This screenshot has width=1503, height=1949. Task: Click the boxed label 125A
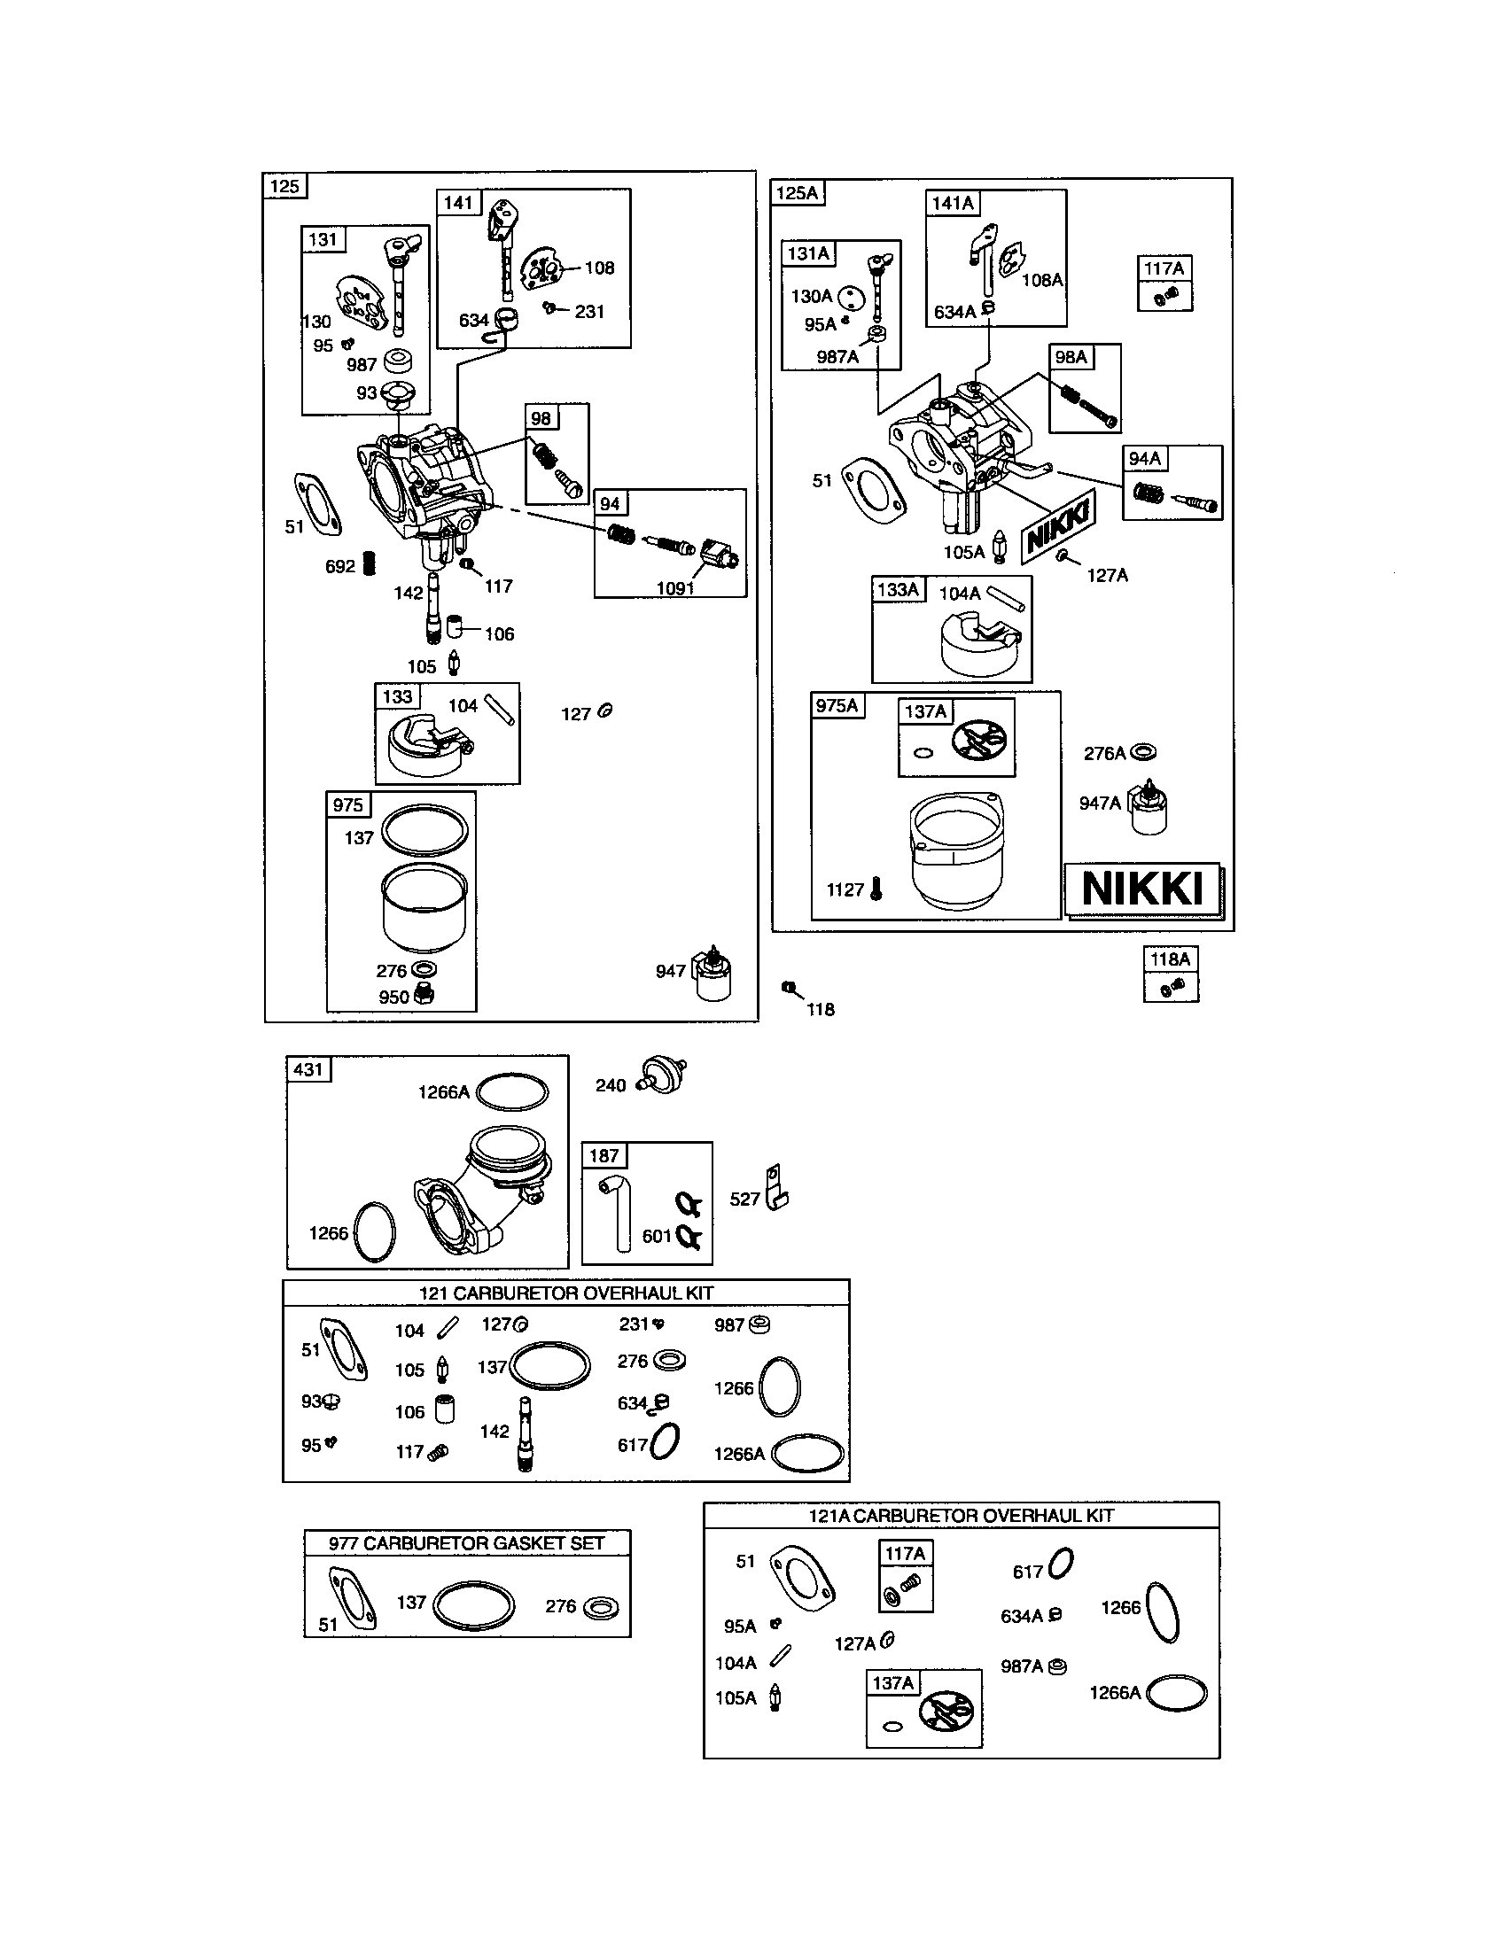pyautogui.click(x=797, y=193)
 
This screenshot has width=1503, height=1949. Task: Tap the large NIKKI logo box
pyautogui.click(x=1142, y=889)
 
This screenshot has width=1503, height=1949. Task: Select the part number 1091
pyautogui.click(x=674, y=588)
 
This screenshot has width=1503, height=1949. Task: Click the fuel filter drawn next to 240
pyautogui.click(x=663, y=1076)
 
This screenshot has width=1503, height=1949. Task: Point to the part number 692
pyautogui.click(x=340, y=567)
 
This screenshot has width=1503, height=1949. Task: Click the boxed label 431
pyautogui.click(x=308, y=1069)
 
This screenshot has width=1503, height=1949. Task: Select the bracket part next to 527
pyautogui.click(x=776, y=1188)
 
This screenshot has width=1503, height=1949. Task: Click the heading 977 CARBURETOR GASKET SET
pyautogui.click(x=466, y=1543)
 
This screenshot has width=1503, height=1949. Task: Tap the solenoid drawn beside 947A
pyautogui.click(x=1148, y=810)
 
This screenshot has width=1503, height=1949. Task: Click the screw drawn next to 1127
pyautogui.click(x=876, y=888)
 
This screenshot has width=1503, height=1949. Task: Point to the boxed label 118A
pyautogui.click(x=1170, y=959)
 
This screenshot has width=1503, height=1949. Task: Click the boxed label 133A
pyautogui.click(x=898, y=590)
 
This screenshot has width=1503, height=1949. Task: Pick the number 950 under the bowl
pyautogui.click(x=393, y=998)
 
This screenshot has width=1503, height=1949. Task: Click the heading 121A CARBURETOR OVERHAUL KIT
pyautogui.click(x=961, y=1515)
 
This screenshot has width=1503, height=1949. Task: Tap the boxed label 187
pyautogui.click(x=604, y=1155)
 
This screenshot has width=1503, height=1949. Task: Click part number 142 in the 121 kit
pyautogui.click(x=495, y=1432)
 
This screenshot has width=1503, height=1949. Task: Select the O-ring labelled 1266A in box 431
pyautogui.click(x=512, y=1092)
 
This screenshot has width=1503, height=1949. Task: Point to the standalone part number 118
pyautogui.click(x=821, y=1009)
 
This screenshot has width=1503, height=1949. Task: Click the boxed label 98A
pyautogui.click(x=1071, y=358)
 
